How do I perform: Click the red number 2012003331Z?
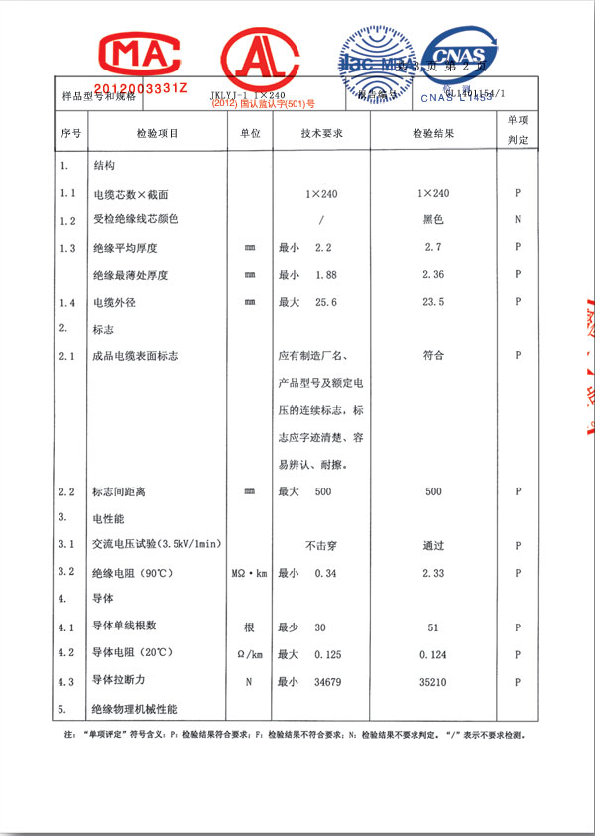coord(140,90)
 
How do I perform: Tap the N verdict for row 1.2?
coord(518,219)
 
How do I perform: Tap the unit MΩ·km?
coord(250,573)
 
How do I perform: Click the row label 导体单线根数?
coord(124,627)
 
